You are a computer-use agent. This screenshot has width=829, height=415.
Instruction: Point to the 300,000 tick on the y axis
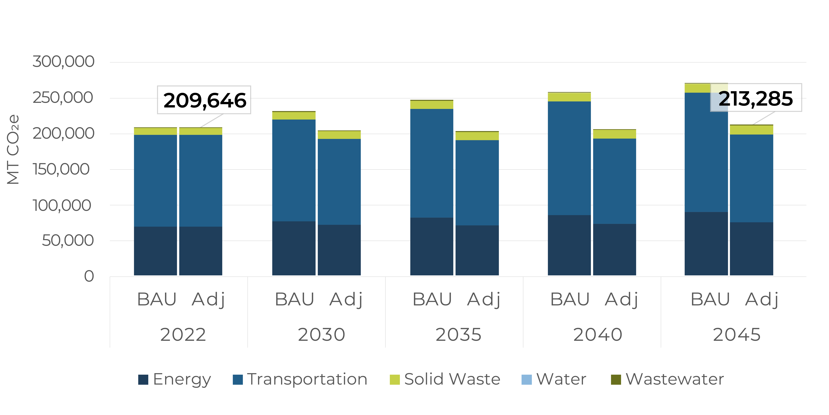click(63, 62)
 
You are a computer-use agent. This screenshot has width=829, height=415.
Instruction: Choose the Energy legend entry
click(175, 379)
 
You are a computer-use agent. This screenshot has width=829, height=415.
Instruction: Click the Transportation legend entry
click(300, 379)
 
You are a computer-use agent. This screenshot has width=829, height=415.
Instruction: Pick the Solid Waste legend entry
click(445, 379)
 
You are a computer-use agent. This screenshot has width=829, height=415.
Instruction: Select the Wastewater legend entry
click(667, 379)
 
